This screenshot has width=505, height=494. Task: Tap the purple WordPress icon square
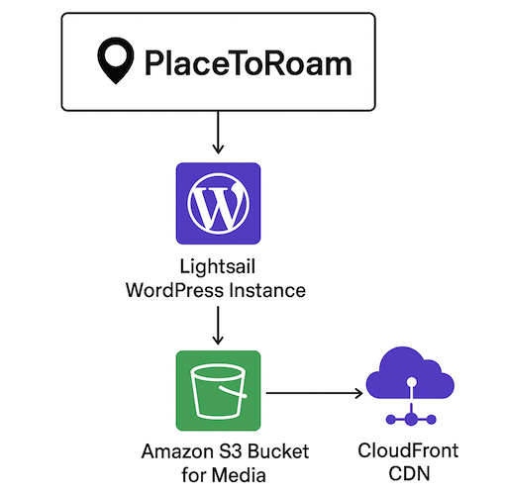tap(218, 205)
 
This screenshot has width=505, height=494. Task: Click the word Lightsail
tap(218, 268)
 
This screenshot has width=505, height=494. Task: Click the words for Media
tap(218, 476)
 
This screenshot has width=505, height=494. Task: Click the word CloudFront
tap(406, 450)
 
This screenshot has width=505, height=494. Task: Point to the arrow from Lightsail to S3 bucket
tap(218, 325)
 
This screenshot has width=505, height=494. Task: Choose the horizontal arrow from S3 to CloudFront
tap(312, 394)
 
